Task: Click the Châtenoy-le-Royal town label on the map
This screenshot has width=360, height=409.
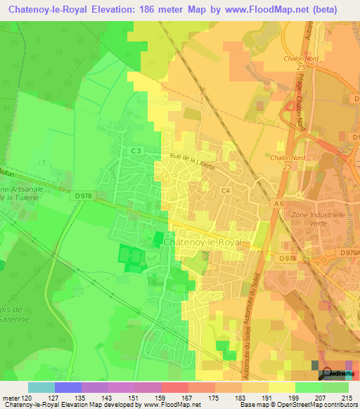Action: click(202, 242)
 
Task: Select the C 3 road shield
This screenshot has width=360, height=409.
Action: click(136, 150)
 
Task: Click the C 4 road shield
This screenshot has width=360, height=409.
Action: click(226, 190)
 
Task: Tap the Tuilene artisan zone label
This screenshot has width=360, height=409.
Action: click(15, 197)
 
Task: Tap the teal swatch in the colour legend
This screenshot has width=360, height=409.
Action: click(41, 387)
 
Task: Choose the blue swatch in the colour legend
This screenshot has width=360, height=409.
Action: click(68, 387)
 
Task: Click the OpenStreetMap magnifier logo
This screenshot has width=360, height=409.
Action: click(325, 374)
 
